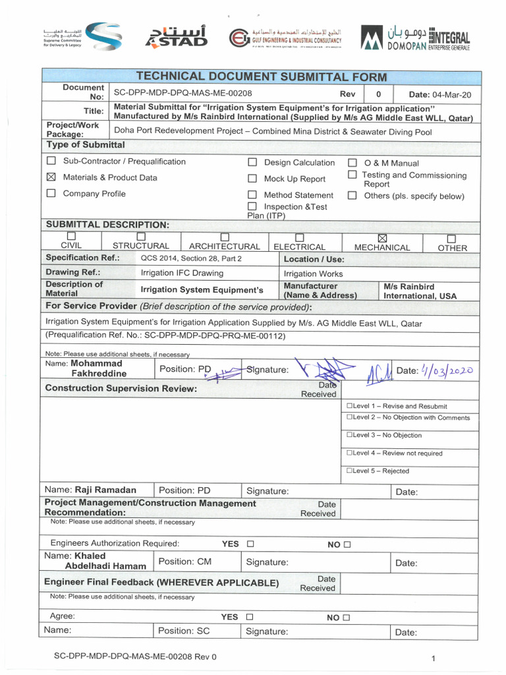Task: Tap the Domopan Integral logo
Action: point(415,37)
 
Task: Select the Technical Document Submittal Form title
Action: point(260,77)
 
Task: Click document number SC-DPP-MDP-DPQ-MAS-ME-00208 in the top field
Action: point(183,94)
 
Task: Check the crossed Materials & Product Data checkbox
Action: point(51,177)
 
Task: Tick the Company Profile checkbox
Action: point(51,194)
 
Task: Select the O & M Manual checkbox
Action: point(352,163)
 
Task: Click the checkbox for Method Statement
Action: point(252,195)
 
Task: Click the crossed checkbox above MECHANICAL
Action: point(381,238)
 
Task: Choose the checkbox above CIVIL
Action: point(71,237)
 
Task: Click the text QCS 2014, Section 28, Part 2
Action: point(191,258)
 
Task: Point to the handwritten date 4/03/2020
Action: point(445,370)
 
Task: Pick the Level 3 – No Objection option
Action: point(383,435)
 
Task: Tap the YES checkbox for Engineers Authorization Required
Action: point(250,544)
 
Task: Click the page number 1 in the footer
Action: point(434,658)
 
